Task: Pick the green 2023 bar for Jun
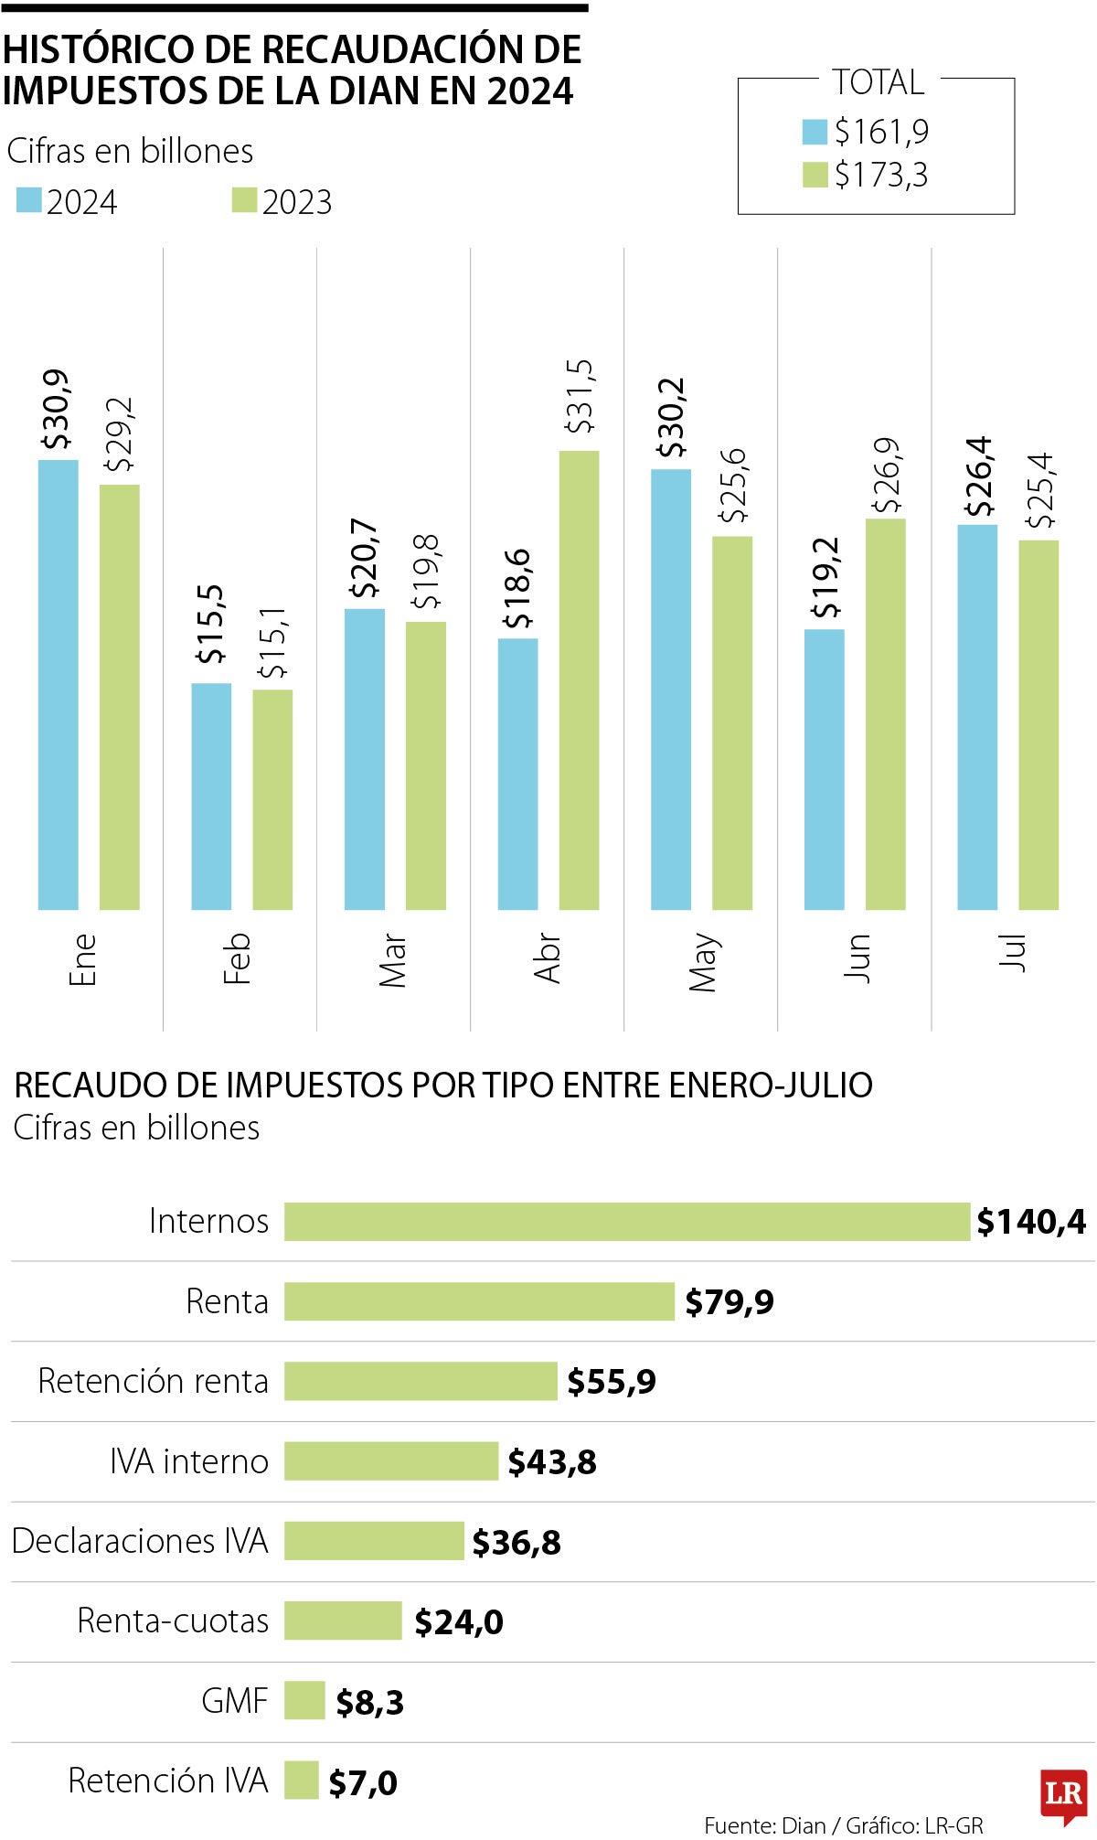(886, 713)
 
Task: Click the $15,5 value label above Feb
(210, 624)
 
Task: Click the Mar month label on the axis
(392, 959)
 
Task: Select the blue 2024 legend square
(29, 200)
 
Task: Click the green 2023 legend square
(244, 200)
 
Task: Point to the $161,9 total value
(881, 133)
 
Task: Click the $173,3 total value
(881, 174)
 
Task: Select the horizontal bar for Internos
(626, 1221)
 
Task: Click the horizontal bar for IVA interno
(390, 1460)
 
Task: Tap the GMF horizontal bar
(304, 1700)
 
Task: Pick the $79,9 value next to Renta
(729, 1301)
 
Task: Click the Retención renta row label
(153, 1381)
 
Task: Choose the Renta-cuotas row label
(173, 1621)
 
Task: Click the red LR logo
(1063, 1794)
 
